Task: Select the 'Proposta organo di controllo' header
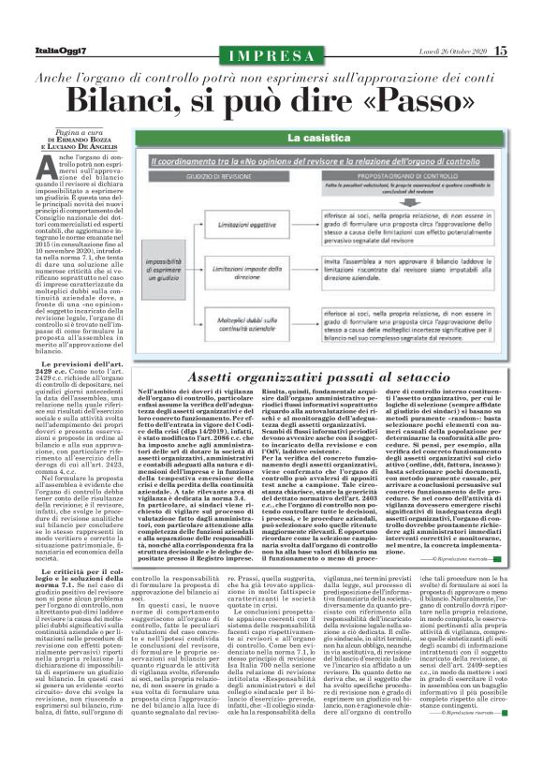click(396, 174)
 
